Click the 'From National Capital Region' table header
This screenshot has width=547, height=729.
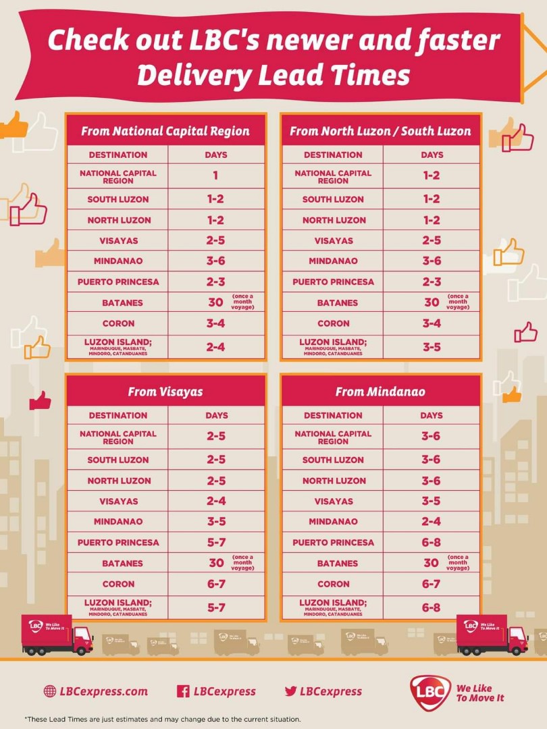[165, 131]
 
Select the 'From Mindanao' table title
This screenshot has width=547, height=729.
[380, 391]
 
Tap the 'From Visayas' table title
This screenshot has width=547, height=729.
[165, 391]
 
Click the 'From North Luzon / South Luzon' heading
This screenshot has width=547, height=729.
[380, 131]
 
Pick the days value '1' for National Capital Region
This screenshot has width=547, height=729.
[215, 175]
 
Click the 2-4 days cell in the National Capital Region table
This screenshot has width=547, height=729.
[215, 347]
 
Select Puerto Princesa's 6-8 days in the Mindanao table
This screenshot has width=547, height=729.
[431, 542]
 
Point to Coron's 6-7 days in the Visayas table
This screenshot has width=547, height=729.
[215, 584]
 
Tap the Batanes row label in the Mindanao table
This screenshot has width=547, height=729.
[333, 563]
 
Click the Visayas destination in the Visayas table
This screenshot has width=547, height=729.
[118, 501]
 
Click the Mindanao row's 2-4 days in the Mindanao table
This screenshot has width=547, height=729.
[431, 521]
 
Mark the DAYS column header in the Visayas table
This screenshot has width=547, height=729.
[216, 415]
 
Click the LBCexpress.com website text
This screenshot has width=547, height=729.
[103, 691]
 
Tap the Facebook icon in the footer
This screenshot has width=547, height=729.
[182, 691]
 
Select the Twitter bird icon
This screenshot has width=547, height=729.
[291, 691]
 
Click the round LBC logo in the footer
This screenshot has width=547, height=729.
[429, 693]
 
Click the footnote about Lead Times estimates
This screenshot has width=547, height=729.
[163, 720]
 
